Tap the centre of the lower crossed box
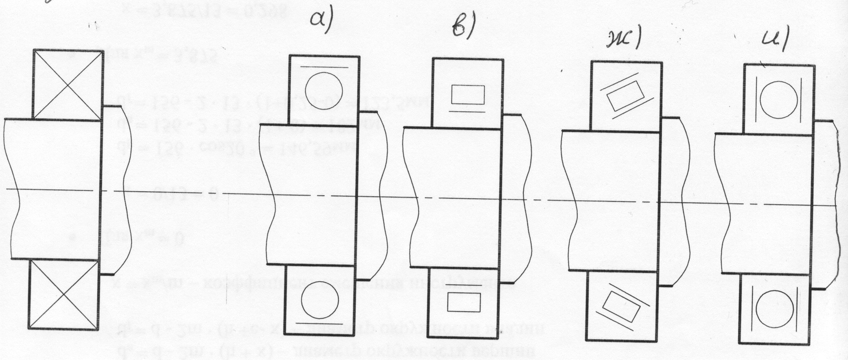click(63, 295)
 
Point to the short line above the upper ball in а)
click(324, 67)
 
